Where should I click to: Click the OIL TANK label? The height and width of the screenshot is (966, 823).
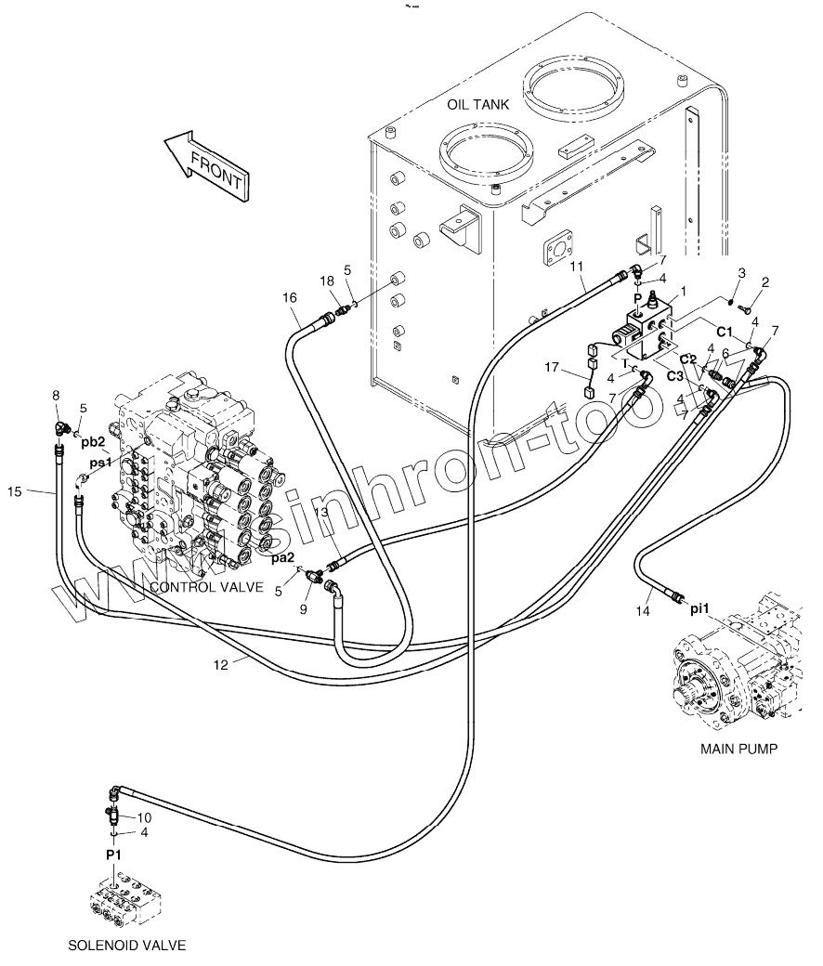click(477, 105)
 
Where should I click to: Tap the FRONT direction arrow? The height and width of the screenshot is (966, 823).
click(204, 164)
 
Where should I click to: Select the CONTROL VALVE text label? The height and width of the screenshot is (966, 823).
click(206, 587)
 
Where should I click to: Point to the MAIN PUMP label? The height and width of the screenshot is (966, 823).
click(739, 749)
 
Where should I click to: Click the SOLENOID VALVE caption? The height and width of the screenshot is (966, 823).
click(127, 946)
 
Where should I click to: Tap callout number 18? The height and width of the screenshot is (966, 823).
click(327, 281)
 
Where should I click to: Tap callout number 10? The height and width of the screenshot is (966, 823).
click(144, 817)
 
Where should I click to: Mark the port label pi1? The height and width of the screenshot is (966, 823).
click(699, 608)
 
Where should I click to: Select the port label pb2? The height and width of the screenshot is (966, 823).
click(92, 441)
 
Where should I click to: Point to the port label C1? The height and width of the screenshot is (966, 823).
click(725, 331)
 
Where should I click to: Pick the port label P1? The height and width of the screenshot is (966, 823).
click(113, 853)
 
